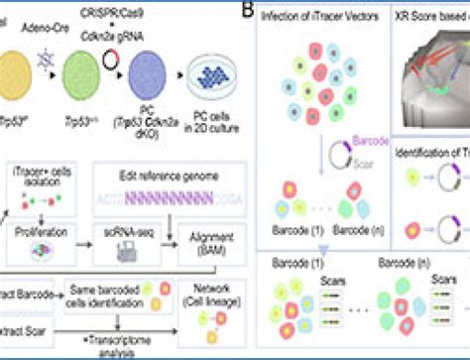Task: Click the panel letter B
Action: [x=247, y=10]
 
